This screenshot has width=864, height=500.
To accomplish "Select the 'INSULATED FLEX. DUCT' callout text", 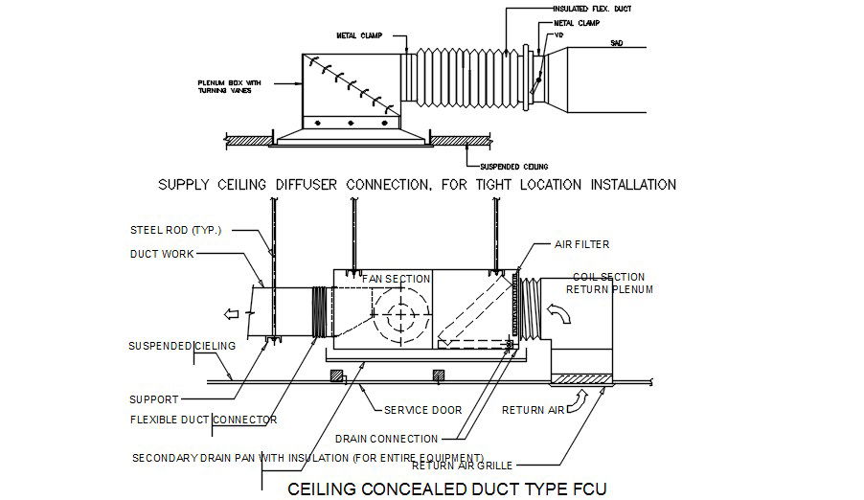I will [592, 8].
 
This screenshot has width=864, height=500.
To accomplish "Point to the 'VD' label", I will [557, 34].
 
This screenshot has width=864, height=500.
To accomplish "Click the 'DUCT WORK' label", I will [161, 254].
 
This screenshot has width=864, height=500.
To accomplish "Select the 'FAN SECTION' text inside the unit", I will [397, 279].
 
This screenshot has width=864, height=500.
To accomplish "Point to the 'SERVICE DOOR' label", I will [422, 410].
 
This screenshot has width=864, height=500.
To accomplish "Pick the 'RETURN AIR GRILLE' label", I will [463, 466].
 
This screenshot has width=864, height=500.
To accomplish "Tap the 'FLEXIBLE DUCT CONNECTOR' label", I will [202, 420].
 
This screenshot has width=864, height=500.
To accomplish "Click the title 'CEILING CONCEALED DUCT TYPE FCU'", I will [447, 489].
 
